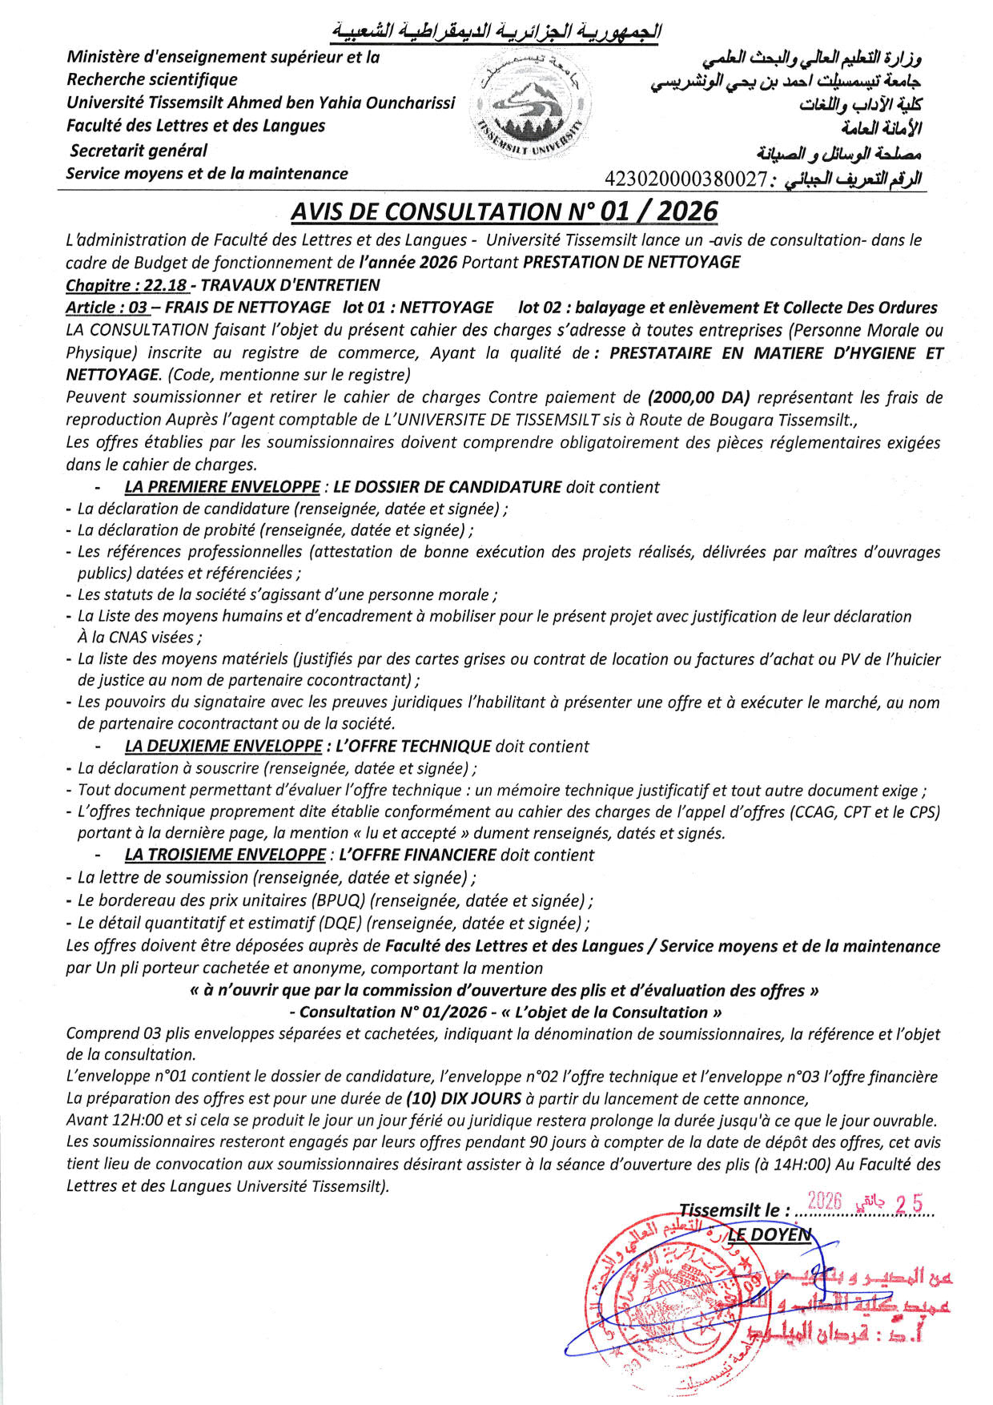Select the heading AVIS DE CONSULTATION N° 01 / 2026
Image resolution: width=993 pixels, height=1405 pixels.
pyautogui.click(x=504, y=211)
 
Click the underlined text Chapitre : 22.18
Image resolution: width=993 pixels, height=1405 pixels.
pyautogui.click(x=127, y=285)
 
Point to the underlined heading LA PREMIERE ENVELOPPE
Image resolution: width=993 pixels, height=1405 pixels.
pyautogui.click(x=222, y=487)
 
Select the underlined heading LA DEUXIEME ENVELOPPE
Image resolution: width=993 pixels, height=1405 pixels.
pyautogui.click(x=223, y=747)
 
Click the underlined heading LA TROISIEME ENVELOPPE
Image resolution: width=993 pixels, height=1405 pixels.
pyautogui.click(x=225, y=855)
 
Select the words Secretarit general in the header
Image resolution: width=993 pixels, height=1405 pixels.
pyautogui.click(x=139, y=151)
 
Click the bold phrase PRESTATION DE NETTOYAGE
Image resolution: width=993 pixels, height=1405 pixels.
pyautogui.click(x=631, y=262)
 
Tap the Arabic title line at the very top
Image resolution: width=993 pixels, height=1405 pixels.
pyautogui.click(x=496, y=32)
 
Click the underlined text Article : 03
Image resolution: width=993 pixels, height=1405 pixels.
pyautogui.click(x=107, y=308)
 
